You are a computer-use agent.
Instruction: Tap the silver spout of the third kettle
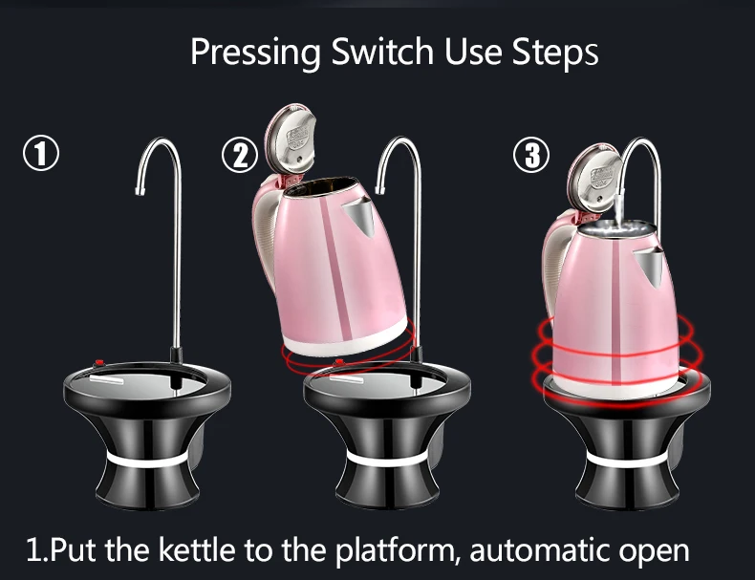click(652, 258)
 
